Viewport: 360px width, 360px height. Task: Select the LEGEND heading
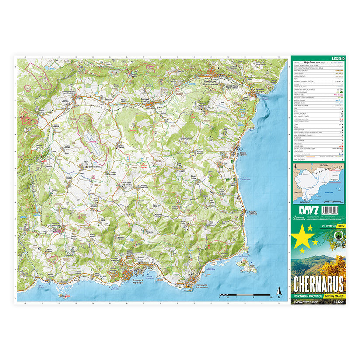pyautogui.click(x=338, y=59)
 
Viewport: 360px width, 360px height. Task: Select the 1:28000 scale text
pyautogui.click(x=337, y=302)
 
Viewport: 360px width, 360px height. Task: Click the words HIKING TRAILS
pyautogui.click(x=335, y=297)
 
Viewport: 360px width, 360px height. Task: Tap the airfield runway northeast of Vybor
pyautogui.click(x=93, y=140)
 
